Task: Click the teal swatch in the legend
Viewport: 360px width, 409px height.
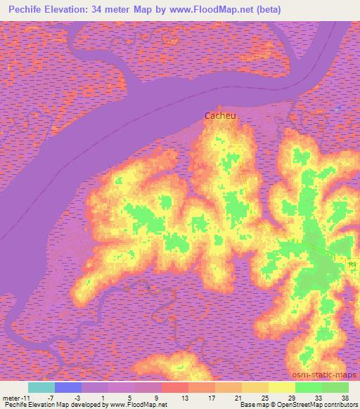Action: [x=41, y=387]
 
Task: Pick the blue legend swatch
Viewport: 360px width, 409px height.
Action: [x=68, y=387]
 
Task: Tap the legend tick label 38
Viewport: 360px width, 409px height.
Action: [x=345, y=398]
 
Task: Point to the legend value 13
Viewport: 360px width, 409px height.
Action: [x=167, y=398]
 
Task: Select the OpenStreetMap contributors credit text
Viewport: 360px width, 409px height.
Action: [x=324, y=405]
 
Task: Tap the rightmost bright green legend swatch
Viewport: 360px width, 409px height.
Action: [x=335, y=387]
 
